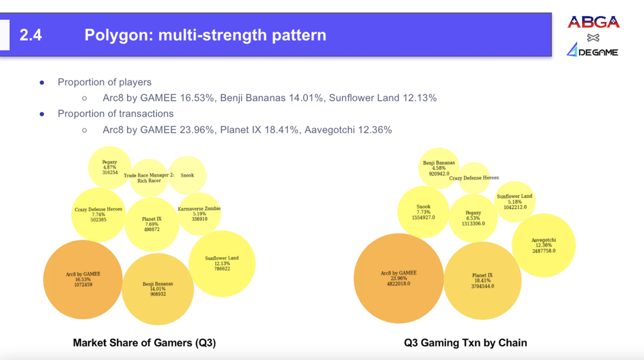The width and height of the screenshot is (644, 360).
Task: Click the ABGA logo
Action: point(593,22)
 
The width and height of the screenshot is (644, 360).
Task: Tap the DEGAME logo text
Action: point(598,52)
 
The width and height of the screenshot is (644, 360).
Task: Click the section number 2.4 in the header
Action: point(31,35)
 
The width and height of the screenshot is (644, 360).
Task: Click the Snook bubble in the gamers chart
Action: point(187,175)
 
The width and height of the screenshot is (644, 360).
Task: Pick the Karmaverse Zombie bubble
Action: point(199,214)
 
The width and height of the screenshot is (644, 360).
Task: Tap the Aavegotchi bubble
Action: point(544,246)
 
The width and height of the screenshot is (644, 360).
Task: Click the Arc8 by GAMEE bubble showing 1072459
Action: point(83,279)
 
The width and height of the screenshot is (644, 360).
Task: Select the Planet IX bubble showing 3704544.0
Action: point(483,281)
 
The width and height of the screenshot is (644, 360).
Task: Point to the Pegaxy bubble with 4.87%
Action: point(109,167)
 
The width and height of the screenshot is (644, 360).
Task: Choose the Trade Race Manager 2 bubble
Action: point(149,178)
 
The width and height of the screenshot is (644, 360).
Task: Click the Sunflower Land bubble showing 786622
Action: point(222,263)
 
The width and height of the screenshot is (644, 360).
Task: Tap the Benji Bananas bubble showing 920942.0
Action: point(439,168)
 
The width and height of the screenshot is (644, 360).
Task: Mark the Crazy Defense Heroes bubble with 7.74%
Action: point(98,215)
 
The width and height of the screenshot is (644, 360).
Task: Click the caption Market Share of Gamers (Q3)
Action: point(144,343)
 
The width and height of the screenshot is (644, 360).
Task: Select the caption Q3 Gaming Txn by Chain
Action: point(466,343)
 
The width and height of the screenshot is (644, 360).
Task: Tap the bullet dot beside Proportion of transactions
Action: point(42,114)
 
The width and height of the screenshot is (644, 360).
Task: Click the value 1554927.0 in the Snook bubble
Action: point(423,217)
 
